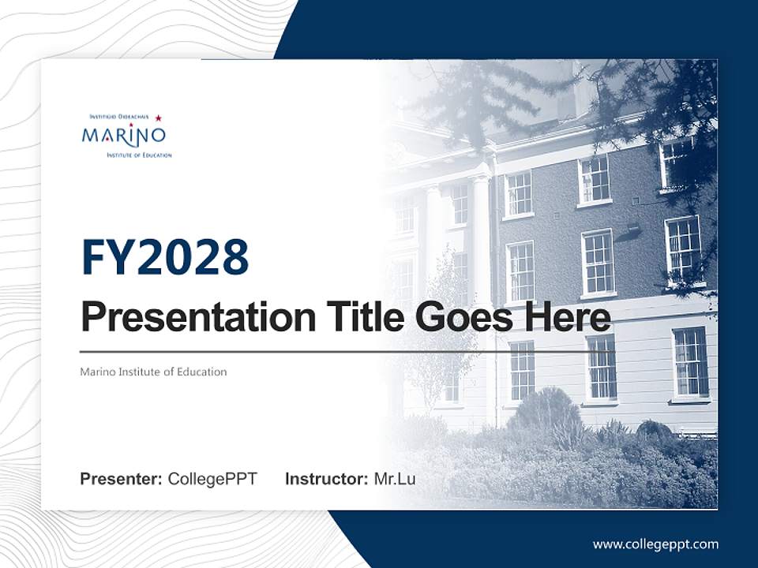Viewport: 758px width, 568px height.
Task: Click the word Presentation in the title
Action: (186, 319)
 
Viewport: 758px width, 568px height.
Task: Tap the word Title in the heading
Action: (351, 319)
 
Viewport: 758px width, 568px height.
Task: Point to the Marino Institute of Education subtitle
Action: (153, 372)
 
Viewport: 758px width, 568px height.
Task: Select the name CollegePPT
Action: (212, 479)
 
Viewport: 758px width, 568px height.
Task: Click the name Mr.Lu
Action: (394, 479)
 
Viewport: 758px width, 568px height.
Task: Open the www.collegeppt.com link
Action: (655, 544)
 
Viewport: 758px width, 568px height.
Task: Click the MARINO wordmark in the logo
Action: (123, 136)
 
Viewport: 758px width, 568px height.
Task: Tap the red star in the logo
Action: (158, 118)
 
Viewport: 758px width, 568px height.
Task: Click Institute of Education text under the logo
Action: (139, 155)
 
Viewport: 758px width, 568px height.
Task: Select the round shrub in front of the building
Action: (544, 410)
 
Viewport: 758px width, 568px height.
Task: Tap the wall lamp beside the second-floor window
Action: (632, 230)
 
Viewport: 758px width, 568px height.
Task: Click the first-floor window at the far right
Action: (690, 361)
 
